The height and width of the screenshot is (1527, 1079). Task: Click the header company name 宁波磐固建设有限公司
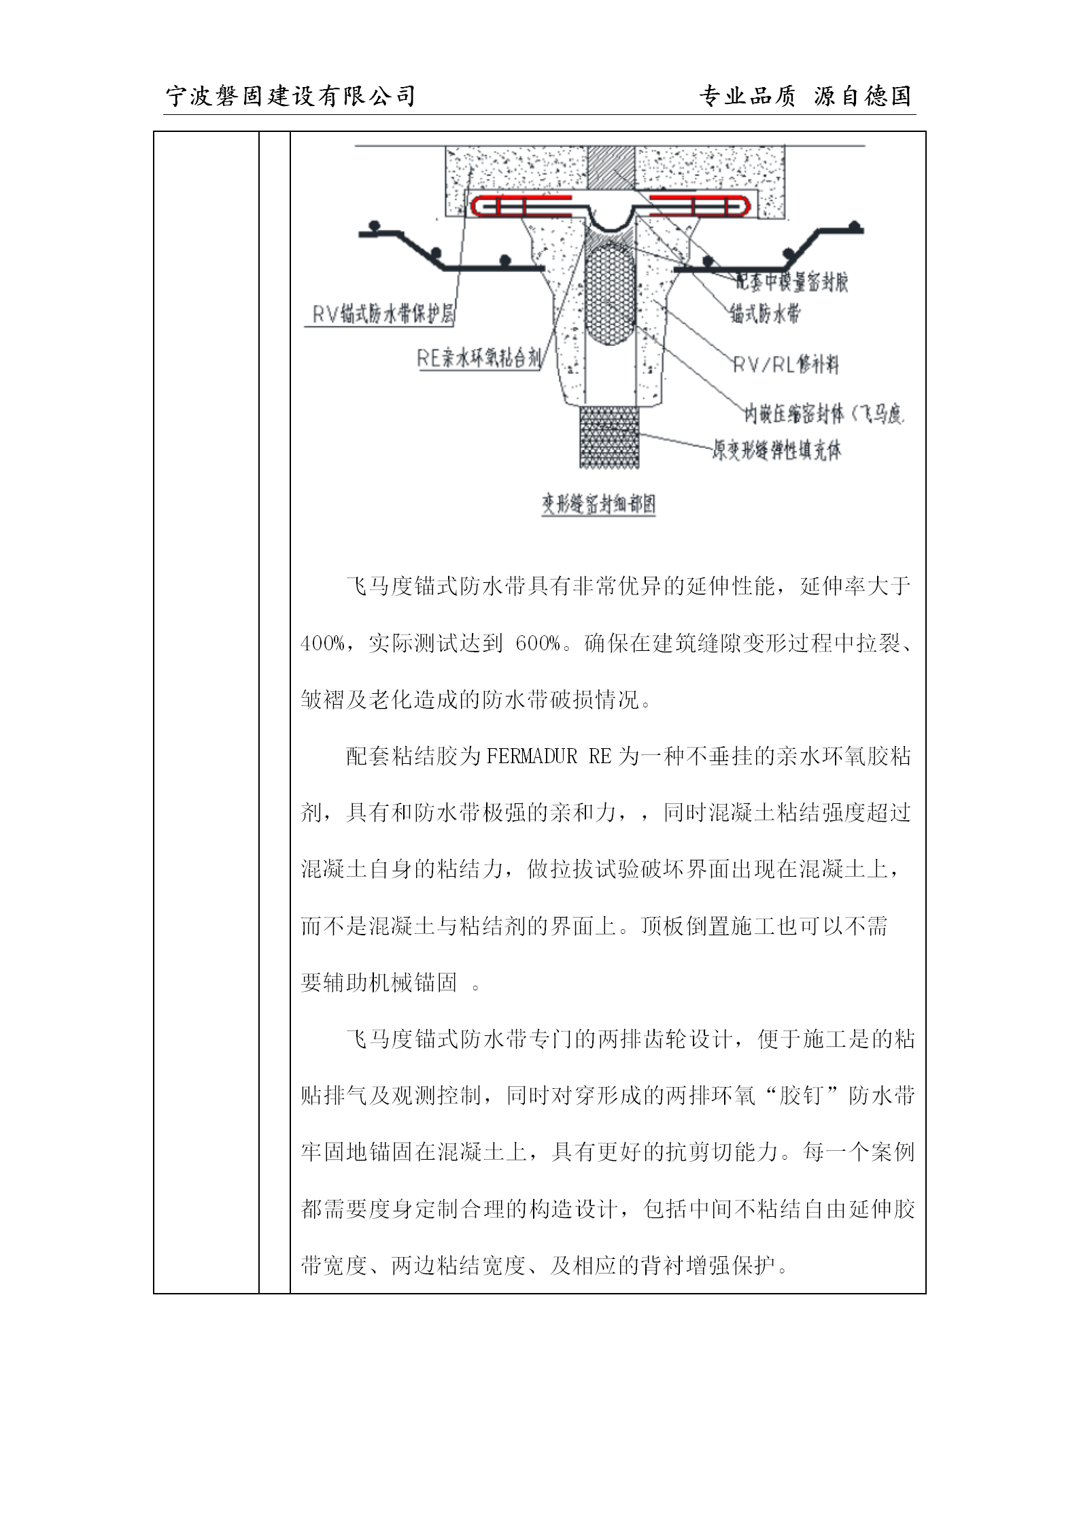pos(291,97)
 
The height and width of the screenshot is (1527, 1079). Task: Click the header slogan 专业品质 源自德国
pos(805,97)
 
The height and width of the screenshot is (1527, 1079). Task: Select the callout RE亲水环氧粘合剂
pos(479,359)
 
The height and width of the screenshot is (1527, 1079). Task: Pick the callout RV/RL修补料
pos(785,366)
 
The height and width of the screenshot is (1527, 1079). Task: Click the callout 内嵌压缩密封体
pos(823,414)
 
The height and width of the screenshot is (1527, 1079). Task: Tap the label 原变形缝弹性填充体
pos(776,450)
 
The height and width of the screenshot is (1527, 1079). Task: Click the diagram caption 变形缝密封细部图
pos(598,505)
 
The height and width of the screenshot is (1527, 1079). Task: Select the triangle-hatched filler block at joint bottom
pos(609,437)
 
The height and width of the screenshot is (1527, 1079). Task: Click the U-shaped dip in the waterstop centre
pos(611,218)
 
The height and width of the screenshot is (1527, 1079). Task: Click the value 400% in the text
pos(322,643)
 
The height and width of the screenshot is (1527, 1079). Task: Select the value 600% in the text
pos(537,643)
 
